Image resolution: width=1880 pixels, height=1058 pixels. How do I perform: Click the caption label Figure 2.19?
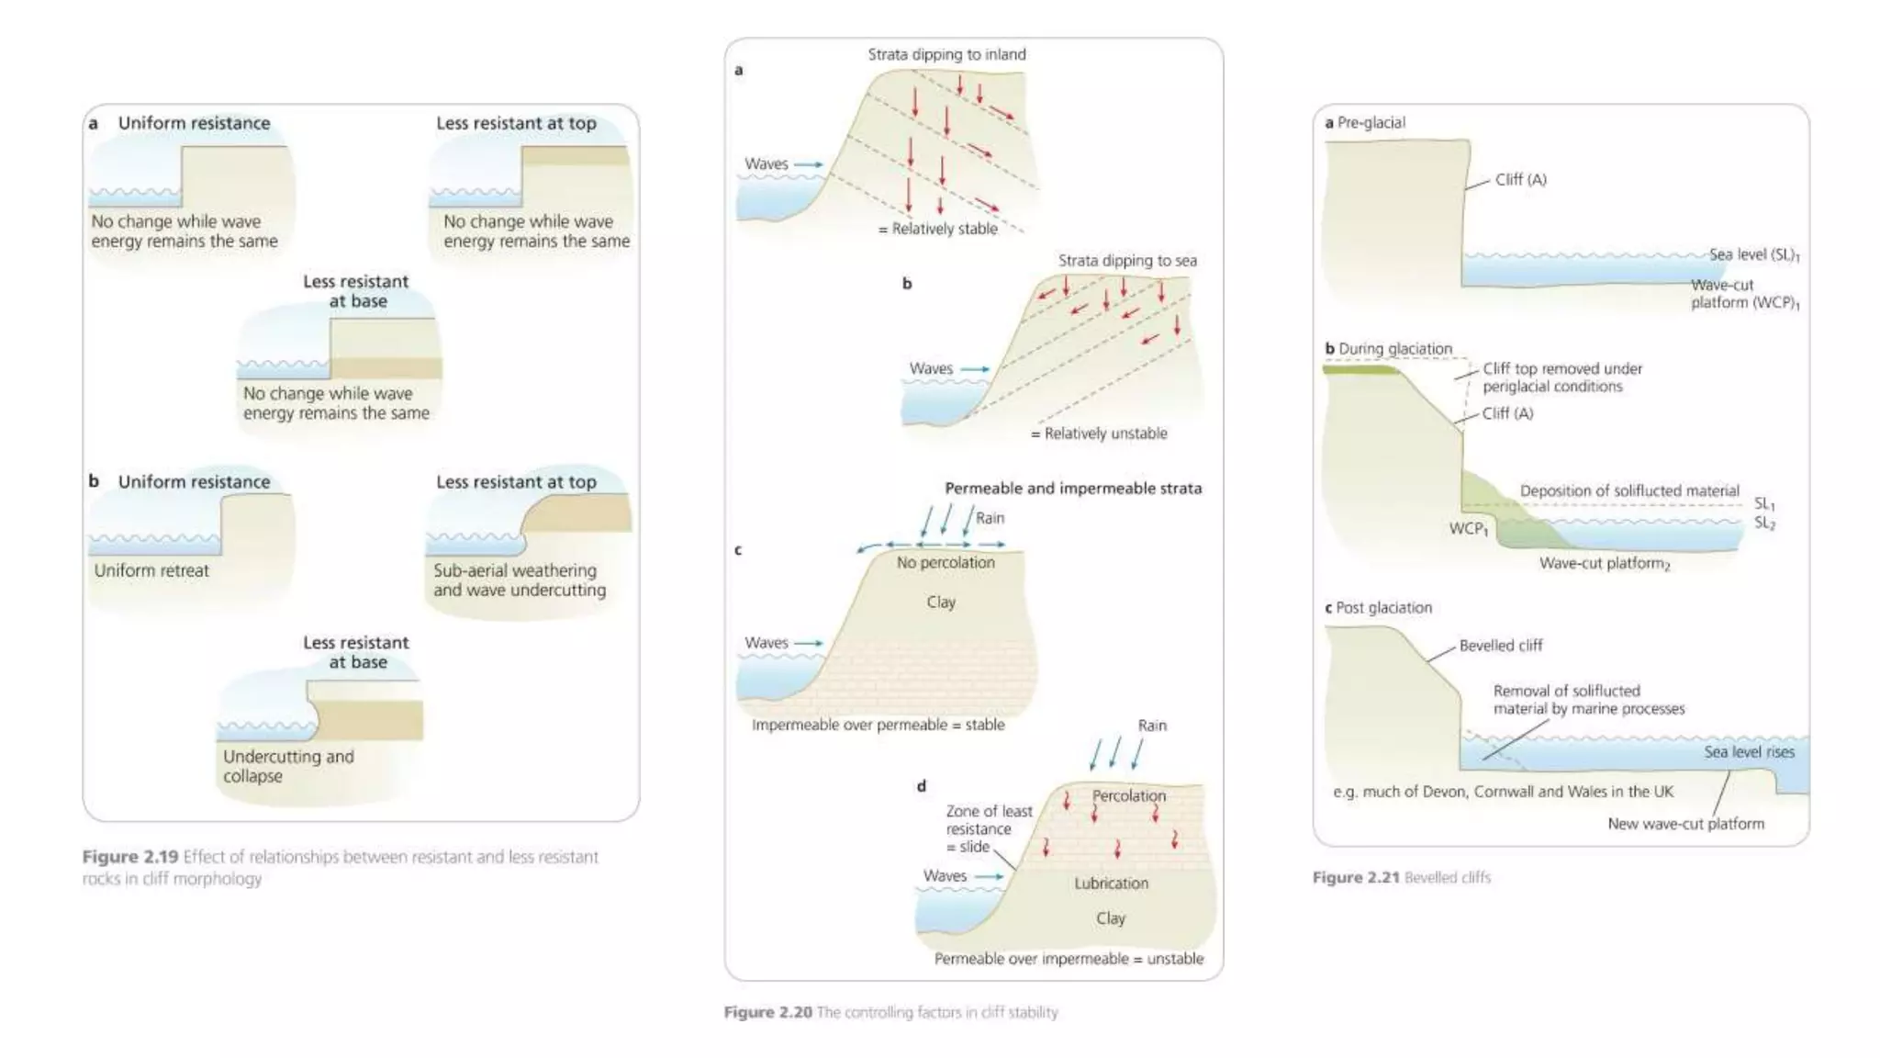129,857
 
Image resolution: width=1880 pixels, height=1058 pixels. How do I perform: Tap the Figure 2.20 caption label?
767,1012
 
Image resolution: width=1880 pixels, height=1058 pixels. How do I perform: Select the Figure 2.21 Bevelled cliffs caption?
1401,877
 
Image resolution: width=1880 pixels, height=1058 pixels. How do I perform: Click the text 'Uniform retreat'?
151,570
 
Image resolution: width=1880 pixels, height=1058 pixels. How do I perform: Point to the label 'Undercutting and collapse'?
287,766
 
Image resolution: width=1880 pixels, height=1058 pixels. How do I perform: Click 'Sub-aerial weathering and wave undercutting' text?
519,580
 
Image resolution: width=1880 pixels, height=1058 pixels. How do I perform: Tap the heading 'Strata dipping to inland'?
946,54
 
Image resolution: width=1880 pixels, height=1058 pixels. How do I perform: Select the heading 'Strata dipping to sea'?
1126,260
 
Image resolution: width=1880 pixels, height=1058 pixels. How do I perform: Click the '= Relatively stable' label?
937,229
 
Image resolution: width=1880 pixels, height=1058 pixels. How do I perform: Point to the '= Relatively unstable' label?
1099,433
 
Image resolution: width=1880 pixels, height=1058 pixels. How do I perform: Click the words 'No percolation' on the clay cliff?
946,562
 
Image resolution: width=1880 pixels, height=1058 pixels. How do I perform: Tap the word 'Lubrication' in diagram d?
1111,884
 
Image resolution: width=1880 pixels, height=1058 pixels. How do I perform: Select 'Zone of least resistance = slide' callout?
989,828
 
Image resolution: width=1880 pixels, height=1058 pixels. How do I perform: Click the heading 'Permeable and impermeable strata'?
1072,489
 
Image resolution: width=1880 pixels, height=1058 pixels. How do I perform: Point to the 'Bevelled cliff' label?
1500,646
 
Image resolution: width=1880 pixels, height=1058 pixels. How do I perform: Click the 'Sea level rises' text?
1749,752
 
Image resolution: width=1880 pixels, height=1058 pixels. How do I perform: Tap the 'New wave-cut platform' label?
1685,824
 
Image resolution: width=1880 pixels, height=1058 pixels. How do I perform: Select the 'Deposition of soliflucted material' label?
1628,490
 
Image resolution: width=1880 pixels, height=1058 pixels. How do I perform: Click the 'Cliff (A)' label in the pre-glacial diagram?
1520,180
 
